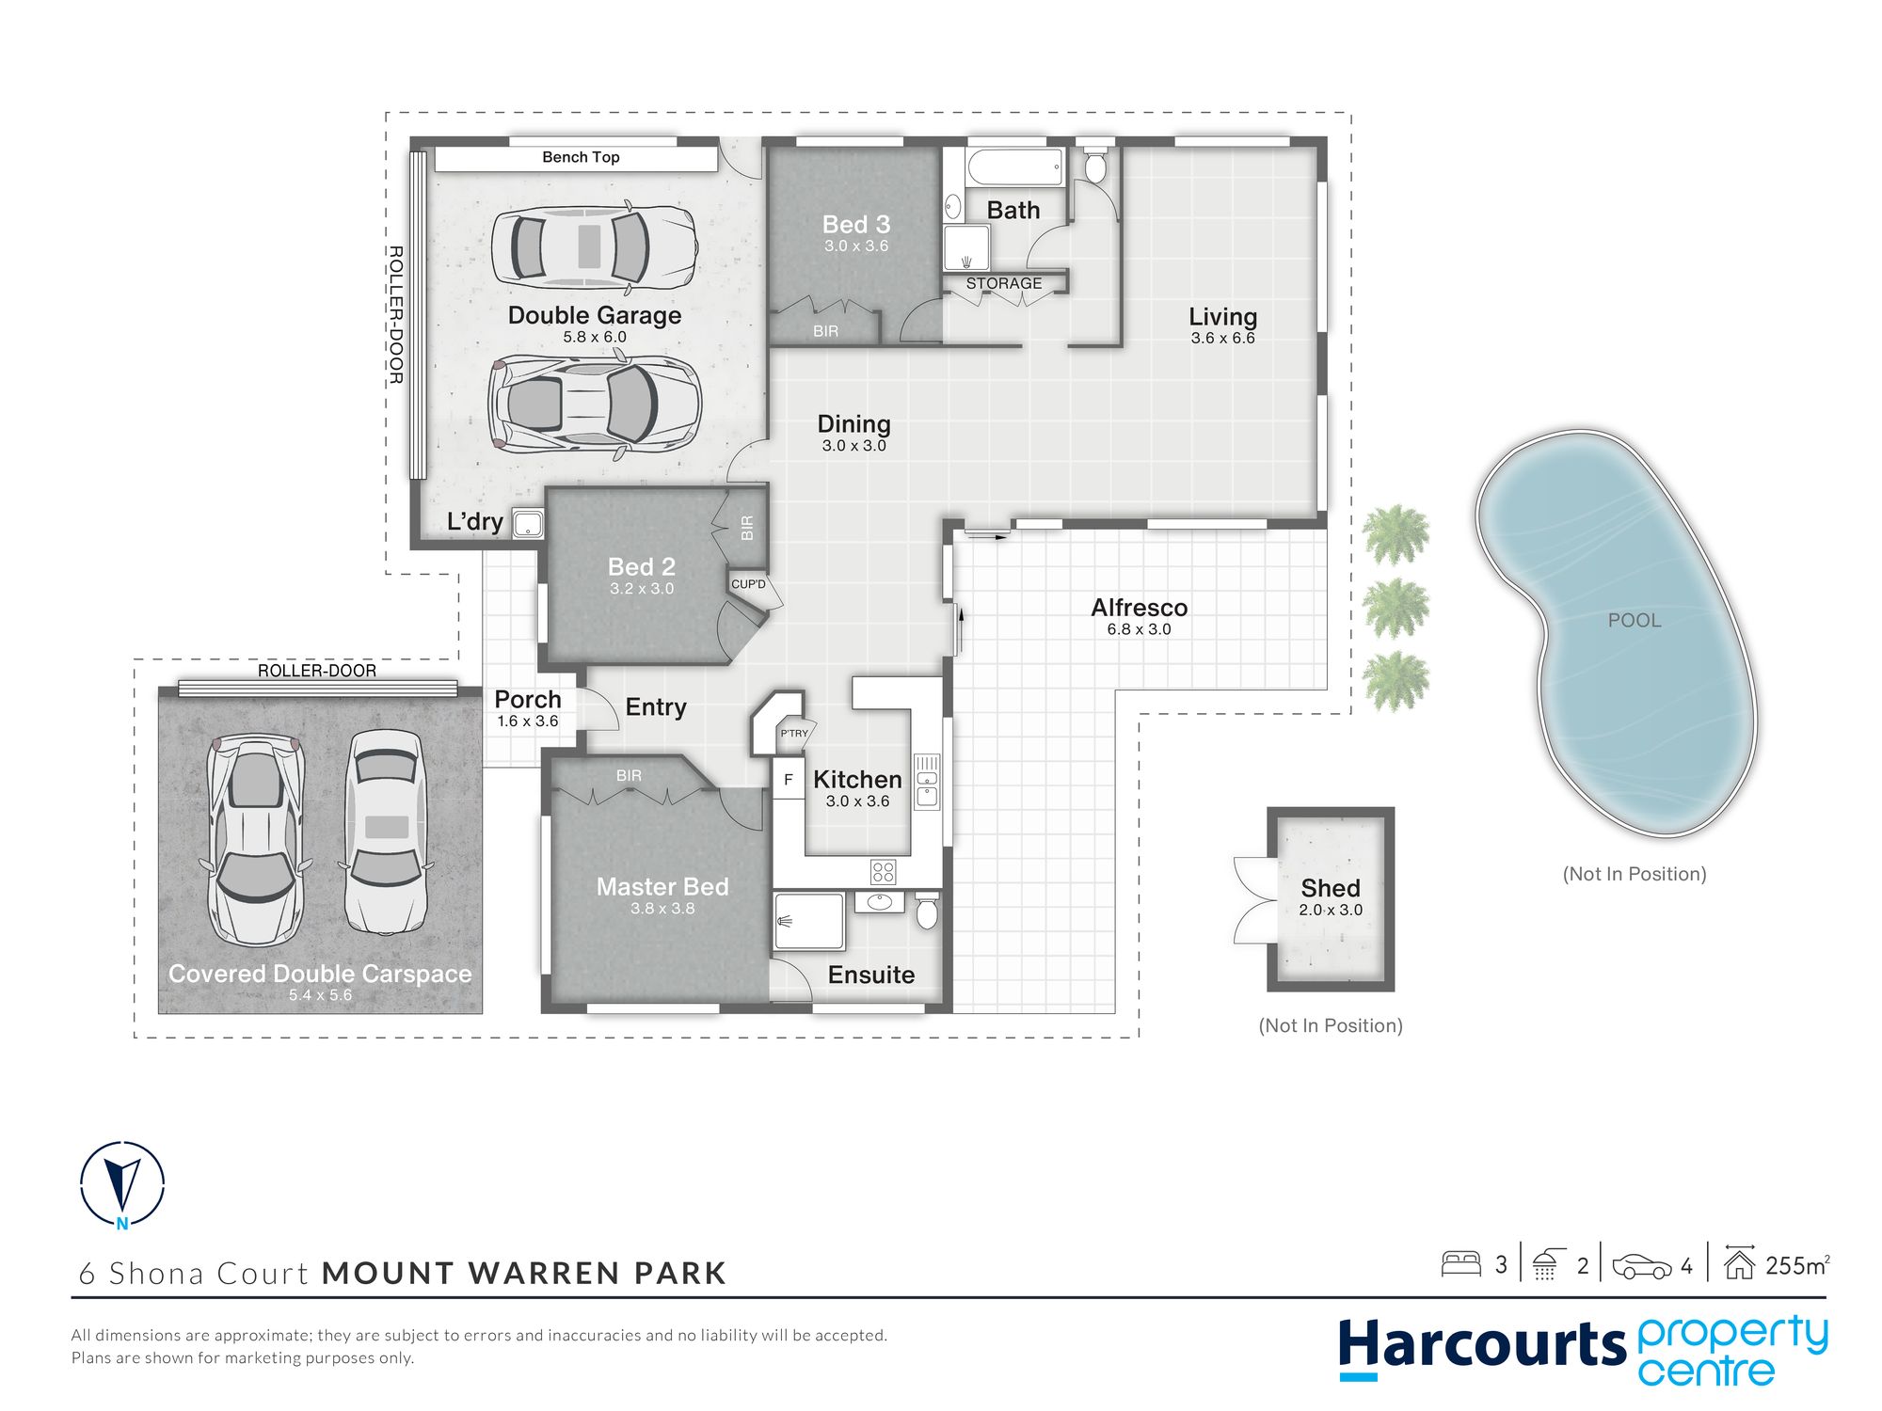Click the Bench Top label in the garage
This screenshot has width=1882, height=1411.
(581, 157)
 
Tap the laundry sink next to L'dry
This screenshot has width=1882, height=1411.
(528, 524)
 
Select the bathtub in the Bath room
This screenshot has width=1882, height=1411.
(1015, 167)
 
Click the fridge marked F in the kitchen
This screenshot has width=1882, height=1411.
(789, 779)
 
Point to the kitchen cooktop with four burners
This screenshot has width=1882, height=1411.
(883, 871)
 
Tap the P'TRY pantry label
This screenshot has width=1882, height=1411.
(793, 734)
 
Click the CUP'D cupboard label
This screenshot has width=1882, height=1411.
(748, 584)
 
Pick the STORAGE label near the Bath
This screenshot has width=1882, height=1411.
(1004, 283)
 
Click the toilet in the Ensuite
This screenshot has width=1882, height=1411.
(927, 911)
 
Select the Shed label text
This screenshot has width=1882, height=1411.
(1331, 888)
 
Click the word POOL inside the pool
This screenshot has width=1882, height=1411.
(1635, 620)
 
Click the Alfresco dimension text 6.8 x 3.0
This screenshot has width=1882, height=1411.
(1139, 629)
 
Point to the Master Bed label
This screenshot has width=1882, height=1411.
(662, 886)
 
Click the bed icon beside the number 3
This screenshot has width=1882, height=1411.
(1461, 1263)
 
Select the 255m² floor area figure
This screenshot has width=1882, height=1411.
(1797, 1265)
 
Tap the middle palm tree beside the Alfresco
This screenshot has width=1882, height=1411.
(1396, 608)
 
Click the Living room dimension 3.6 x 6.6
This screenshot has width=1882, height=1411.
(1222, 339)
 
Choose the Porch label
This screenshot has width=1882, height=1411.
(528, 699)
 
